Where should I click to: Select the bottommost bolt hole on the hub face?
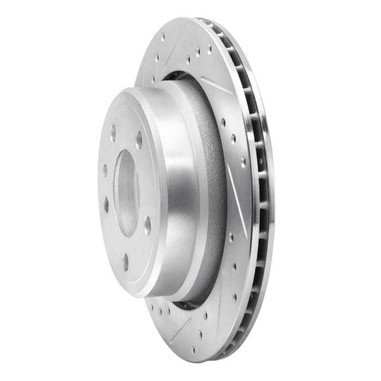point(126,261)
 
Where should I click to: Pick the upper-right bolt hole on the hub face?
point(139,140)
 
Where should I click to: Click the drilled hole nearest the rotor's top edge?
point(163,36)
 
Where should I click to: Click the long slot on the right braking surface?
point(236,200)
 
